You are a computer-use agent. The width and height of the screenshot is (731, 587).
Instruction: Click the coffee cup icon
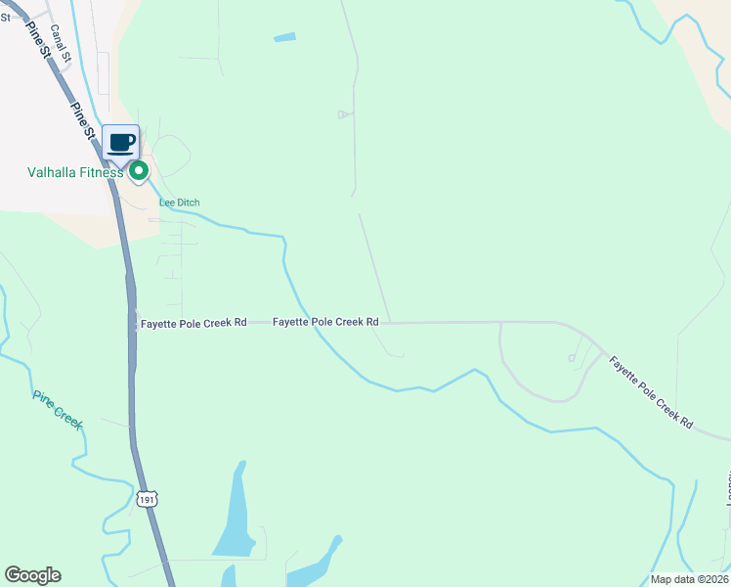(121, 143)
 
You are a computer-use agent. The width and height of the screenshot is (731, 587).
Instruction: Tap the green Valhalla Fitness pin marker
(139, 171)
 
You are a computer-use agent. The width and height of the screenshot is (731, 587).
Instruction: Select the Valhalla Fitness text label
(74, 173)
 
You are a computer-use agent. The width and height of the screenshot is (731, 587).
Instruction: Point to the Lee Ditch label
(180, 203)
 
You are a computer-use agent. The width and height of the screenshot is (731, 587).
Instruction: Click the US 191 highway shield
(147, 499)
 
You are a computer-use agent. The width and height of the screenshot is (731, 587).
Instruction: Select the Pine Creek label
(58, 411)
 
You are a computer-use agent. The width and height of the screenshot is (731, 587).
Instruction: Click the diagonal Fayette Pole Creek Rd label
(651, 392)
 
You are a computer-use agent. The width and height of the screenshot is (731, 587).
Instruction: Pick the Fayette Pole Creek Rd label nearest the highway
(193, 323)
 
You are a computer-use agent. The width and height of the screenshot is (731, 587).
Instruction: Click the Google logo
(32, 575)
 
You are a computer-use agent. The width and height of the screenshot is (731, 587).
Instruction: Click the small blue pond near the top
(284, 38)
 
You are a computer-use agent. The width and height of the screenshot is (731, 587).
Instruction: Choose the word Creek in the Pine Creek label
(68, 421)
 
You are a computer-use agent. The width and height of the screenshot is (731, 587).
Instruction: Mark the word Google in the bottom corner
(32, 575)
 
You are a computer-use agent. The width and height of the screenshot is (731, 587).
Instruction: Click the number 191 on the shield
(147, 499)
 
